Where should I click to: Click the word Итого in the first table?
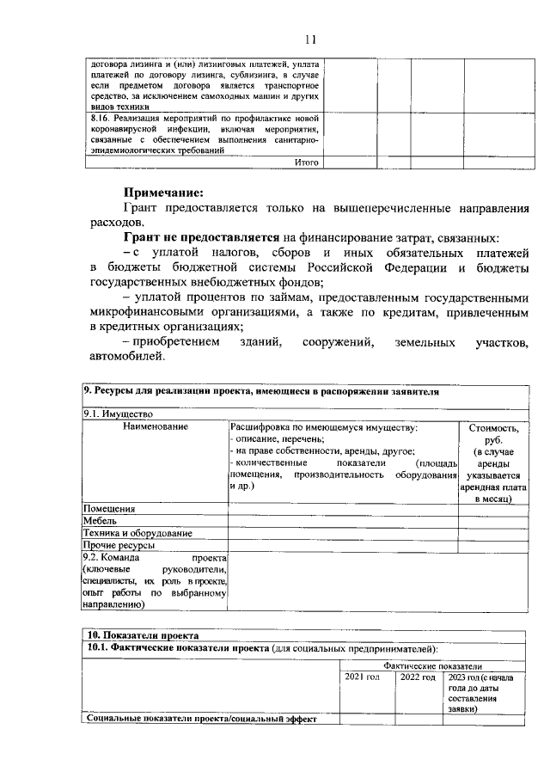[307, 162]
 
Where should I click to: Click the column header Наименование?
[156, 426]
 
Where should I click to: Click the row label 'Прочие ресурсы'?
[119, 545]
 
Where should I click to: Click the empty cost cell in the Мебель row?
[492, 521]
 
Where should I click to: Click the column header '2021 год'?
[362, 678]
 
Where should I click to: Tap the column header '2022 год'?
[417, 678]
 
